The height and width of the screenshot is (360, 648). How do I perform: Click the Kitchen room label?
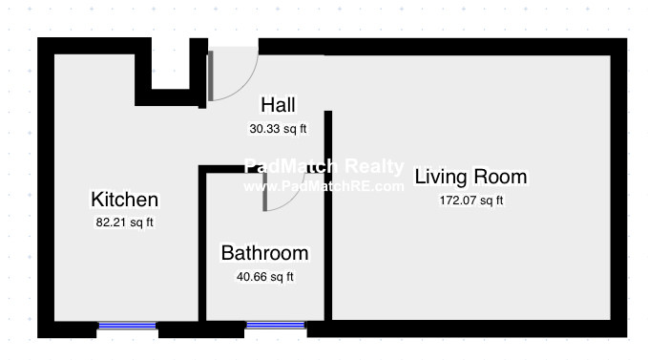(x=124, y=200)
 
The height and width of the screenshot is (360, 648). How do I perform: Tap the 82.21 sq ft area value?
(x=124, y=222)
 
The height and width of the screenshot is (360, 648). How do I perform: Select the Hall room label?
(x=278, y=105)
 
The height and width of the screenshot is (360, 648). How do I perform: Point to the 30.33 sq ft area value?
(x=278, y=129)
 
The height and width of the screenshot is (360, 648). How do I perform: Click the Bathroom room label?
(x=264, y=253)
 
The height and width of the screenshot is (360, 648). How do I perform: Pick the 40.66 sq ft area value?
(x=264, y=277)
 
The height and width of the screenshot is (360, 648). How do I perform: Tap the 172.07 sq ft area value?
(x=470, y=201)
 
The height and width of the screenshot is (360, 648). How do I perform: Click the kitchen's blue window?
(x=127, y=327)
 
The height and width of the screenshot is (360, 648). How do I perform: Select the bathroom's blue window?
(x=275, y=326)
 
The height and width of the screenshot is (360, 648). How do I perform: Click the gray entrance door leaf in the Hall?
(x=210, y=75)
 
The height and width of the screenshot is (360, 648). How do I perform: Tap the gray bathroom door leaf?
(x=264, y=192)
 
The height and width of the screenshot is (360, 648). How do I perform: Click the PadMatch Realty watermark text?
(x=324, y=166)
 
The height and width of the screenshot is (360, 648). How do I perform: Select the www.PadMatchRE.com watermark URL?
(x=324, y=186)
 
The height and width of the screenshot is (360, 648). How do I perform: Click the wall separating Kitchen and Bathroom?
(x=202, y=244)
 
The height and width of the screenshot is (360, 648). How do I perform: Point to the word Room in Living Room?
(x=500, y=177)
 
